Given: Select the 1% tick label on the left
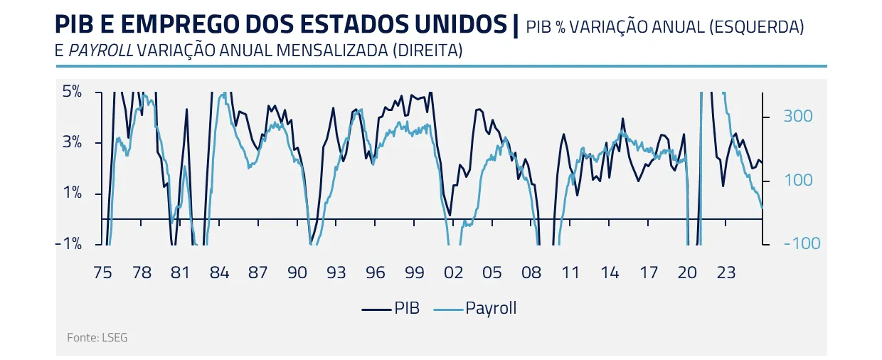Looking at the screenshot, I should (x=73, y=193).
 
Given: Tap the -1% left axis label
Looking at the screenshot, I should (x=70, y=243).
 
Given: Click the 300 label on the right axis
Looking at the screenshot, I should (x=797, y=116).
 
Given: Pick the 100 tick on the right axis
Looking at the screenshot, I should (x=797, y=180).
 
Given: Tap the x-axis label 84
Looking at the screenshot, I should (x=219, y=273).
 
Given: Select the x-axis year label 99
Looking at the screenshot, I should (x=414, y=273).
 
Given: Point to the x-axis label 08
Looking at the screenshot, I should (x=531, y=273).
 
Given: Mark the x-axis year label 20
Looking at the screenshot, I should (x=687, y=273).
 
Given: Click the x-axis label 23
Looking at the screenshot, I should (x=726, y=273).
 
